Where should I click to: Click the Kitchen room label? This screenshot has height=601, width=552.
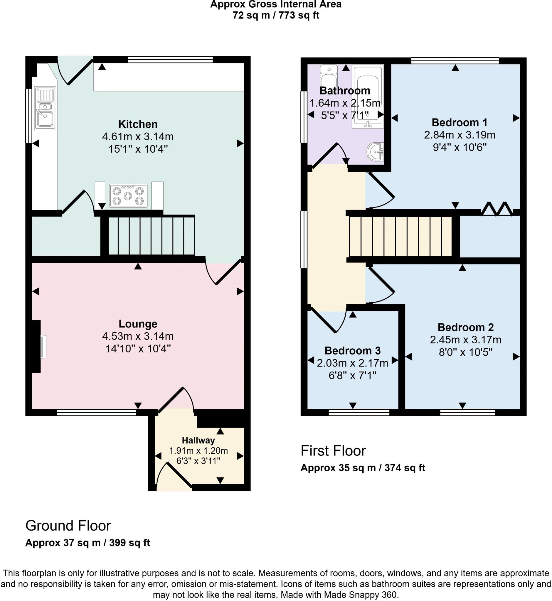pos(138,124)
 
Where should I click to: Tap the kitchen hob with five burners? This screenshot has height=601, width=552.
pos(128,196)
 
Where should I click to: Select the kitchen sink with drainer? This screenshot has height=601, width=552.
pos(45,108)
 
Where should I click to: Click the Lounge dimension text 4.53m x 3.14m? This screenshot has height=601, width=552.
pos(138,336)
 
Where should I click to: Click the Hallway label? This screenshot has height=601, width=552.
pos(198,440)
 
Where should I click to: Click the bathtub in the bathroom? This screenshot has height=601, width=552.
pos(368,97)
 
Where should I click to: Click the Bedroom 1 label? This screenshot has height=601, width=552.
pos(460,122)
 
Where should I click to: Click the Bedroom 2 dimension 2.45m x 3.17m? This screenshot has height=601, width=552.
pos(465,340)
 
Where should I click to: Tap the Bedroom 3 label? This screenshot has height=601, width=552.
pos(352,350)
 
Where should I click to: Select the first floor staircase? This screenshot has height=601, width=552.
pos(400,237)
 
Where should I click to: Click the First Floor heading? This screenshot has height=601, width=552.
pos(333,451)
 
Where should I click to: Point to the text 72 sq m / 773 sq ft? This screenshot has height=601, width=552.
pos(276,15)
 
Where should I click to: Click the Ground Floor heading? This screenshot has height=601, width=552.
pos(68,526)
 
